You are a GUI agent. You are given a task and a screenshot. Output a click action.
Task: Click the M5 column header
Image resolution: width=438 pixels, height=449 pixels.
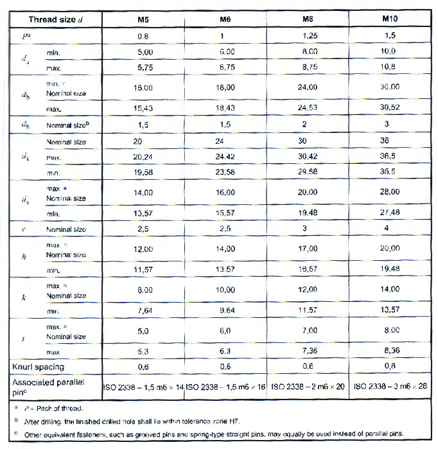point(143,19)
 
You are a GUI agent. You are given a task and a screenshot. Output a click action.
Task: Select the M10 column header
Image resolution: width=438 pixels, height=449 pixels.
point(390,19)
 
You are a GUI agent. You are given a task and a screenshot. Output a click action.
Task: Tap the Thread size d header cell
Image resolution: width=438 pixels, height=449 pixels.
point(56,19)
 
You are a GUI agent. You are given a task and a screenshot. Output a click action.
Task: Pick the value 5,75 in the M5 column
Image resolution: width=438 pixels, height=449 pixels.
point(143,66)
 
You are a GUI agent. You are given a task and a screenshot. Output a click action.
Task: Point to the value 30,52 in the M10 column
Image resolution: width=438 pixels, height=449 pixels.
point(390,107)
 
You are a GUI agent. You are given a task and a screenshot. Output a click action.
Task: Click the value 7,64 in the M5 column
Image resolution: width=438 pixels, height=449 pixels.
point(143,310)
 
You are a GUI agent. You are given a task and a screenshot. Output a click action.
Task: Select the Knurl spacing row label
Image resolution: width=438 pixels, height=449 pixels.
point(37,367)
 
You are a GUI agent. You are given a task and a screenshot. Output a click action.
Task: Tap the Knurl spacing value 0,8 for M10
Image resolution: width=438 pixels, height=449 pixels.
point(390,367)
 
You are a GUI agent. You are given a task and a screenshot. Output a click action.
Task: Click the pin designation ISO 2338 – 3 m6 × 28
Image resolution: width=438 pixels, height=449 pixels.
point(391,387)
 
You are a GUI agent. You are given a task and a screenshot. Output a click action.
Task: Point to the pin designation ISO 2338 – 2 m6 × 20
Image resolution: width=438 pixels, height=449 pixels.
point(309,387)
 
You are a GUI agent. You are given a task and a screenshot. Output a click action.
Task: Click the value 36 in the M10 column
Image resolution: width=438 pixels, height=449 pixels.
point(390,141)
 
